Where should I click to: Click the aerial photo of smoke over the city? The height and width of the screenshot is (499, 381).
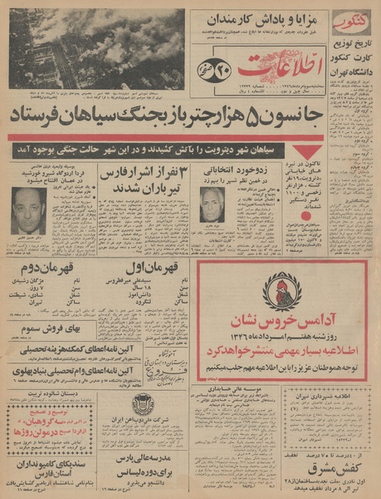pyautogui.click(x=96, y=48)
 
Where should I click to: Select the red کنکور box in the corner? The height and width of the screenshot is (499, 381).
pyautogui.click(x=351, y=22)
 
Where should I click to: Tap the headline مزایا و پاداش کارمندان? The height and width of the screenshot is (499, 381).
pyautogui.click(x=258, y=16)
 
